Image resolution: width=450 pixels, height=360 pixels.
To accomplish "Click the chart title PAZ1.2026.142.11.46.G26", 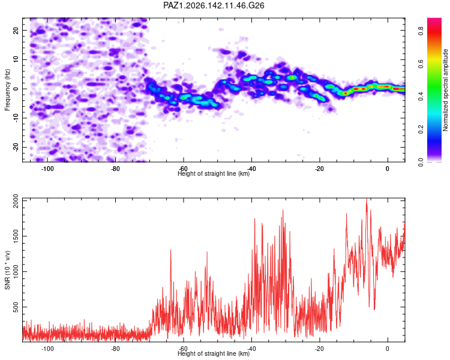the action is point(214,5).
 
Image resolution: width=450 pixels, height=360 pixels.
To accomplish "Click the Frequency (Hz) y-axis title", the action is point(7,90).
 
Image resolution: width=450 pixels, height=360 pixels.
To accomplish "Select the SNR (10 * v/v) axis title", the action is point(7,270).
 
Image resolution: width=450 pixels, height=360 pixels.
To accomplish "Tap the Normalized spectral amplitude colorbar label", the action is point(445,90).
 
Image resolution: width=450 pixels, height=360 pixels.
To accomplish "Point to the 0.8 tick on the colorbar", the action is point(421,31).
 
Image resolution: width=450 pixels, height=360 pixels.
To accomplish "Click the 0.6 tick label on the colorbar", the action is point(421,64).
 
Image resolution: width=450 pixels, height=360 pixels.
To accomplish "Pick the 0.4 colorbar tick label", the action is point(421,97).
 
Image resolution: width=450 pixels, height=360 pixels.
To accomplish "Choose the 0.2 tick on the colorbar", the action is point(421,130).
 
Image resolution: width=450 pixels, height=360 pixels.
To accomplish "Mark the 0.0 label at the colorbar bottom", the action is point(421,162).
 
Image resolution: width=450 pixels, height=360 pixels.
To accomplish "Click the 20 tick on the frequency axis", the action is point(16,30).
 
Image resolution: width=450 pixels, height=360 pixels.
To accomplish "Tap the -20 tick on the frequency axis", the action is point(16,147).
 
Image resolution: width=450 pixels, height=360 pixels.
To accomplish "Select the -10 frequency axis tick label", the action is point(16,118).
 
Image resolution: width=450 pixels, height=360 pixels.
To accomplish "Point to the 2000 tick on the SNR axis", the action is point(16,201).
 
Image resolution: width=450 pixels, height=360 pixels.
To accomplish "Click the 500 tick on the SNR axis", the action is point(16,307).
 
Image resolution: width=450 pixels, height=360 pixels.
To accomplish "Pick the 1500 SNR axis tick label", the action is point(16,236).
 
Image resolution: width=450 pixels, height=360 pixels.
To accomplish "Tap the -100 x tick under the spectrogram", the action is point(47,169).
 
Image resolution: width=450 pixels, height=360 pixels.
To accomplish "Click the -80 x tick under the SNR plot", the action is point(115,349).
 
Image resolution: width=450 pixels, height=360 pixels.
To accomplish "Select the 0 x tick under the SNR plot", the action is point(388,349).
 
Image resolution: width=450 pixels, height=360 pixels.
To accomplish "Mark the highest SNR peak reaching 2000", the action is point(367,199).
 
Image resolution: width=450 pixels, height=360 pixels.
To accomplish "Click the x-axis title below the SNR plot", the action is point(214,353).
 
